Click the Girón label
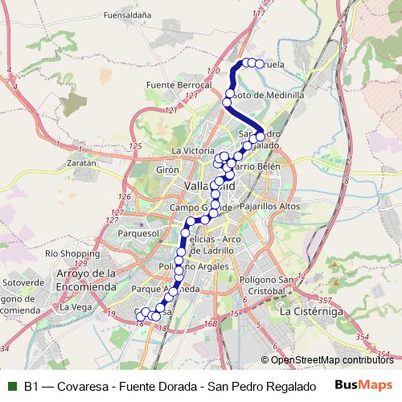point(167,171)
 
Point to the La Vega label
point(76,307)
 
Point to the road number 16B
point(211,323)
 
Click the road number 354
point(363,337)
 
